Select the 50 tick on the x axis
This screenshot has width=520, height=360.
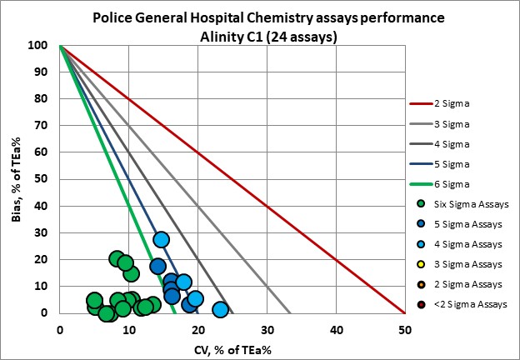coord(404,329)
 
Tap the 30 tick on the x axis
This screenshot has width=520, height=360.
coord(267,329)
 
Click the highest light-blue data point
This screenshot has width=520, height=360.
coord(162,239)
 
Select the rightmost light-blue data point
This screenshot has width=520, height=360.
coord(220,309)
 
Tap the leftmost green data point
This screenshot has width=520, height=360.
coord(94,300)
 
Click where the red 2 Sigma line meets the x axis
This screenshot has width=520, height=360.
coord(404,313)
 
